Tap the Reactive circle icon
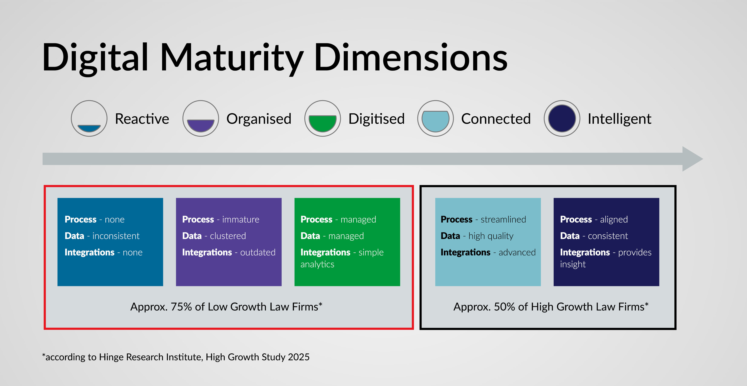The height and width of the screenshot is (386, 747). pos(89,119)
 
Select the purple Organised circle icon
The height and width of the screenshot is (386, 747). pos(200,119)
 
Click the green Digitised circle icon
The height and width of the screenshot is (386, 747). pos(322,119)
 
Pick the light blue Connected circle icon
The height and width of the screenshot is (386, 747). pos(435,119)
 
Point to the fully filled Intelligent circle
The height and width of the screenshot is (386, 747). pos(562,119)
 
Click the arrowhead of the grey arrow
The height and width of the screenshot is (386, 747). pos(692,159)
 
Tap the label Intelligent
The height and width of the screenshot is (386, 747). pos(619,119)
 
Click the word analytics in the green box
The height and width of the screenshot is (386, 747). pos(317,264)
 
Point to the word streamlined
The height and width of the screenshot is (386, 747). pos(503,219)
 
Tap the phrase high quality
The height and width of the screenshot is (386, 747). pos(491,236)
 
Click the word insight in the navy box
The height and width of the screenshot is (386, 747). pos(573,264)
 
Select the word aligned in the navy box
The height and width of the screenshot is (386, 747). pos(614,219)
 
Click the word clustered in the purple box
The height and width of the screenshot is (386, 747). pos(228,236)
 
